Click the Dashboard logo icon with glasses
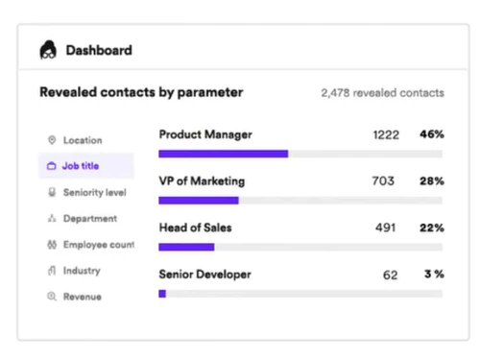point(48,50)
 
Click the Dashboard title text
point(98,50)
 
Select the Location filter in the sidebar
point(82,140)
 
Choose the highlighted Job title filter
point(81,166)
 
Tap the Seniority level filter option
point(94,192)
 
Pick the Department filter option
point(89,219)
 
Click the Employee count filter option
point(97,245)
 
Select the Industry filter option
point(82,271)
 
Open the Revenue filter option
point(82,297)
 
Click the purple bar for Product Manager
point(223,154)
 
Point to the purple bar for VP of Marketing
point(198,201)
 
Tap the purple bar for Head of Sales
point(186,247)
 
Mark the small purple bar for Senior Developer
point(162,294)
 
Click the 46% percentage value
point(431,134)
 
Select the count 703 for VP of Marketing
point(383,181)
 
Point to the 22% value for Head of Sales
point(431,228)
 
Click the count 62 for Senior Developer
point(390,275)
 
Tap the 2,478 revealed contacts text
point(382,93)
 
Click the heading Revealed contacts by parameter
point(141,93)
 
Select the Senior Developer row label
point(204,275)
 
